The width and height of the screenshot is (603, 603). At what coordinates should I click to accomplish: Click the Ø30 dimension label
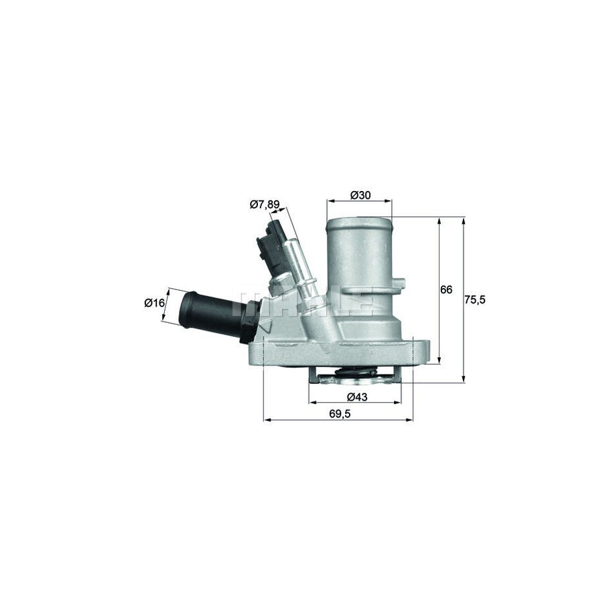pos(360,195)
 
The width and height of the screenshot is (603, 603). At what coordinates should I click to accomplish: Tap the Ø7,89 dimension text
pos(264,204)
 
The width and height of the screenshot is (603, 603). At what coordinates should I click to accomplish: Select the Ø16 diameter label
pos(154,303)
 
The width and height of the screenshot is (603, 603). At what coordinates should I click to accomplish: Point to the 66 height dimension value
pos(446,290)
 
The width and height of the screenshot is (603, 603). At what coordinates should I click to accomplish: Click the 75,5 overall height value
pos(474,299)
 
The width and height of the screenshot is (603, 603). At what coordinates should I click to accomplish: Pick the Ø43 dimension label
pos(358,397)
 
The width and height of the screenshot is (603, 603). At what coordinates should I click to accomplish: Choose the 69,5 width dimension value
pos(339,414)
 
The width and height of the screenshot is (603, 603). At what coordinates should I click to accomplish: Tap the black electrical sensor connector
pos(267,251)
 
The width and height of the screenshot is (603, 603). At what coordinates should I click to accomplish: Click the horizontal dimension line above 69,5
pos(338,421)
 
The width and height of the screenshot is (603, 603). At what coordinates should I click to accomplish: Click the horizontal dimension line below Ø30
pos(359,200)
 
